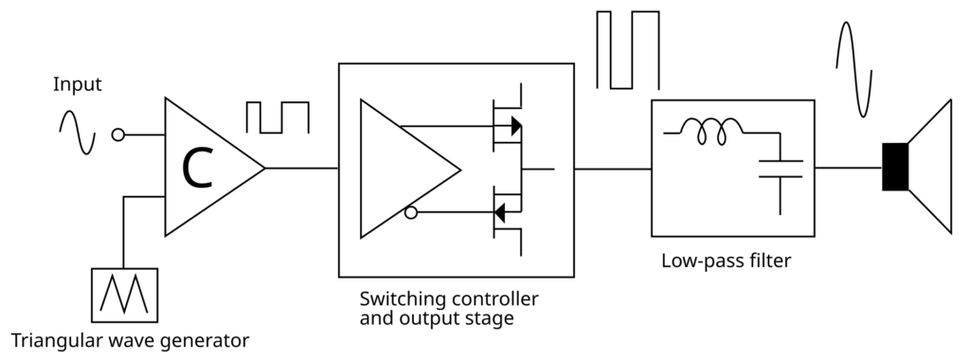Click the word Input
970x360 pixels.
tap(77, 85)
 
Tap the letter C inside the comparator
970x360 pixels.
tap(198, 168)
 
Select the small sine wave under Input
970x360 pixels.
tap(77, 132)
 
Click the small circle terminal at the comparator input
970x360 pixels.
tap(118, 135)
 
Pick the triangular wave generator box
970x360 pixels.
tap(124, 294)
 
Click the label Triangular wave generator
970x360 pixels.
tap(130, 339)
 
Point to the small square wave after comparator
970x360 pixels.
tap(277, 117)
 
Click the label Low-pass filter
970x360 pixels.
tap(726, 259)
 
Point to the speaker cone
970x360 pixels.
tap(931, 168)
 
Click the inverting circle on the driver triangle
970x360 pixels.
tap(410, 213)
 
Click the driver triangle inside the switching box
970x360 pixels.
tap(403, 169)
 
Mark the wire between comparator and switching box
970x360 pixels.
tap(301, 169)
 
